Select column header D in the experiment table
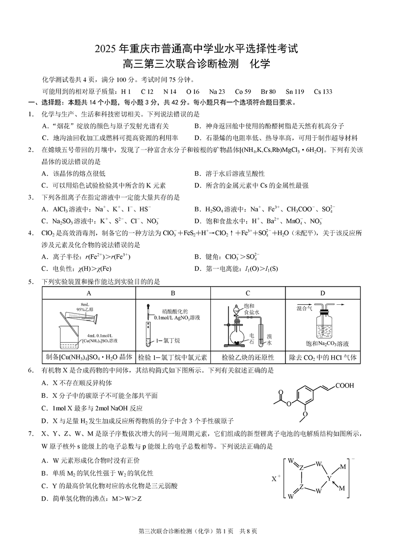pos(323,293)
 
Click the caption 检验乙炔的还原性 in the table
pos(248,357)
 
